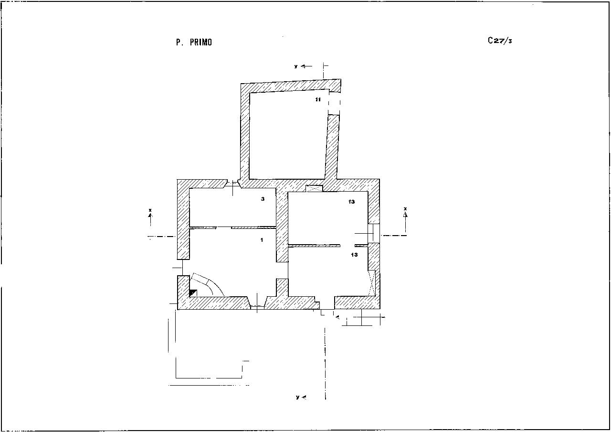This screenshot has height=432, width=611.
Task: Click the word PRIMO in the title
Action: pyautogui.click(x=201, y=43)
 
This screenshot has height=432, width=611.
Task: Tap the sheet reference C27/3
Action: pyautogui.click(x=500, y=41)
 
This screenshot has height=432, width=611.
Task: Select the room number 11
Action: pyautogui.click(x=318, y=100)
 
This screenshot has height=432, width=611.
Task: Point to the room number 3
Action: pyautogui.click(x=263, y=199)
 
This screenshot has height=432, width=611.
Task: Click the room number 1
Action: pyautogui.click(x=262, y=240)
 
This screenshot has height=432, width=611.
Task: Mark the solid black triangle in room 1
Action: pyautogui.click(x=192, y=293)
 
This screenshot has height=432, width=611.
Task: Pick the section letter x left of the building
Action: pyautogui.click(x=150, y=210)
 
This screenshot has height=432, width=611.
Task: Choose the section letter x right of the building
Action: pyautogui.click(x=405, y=209)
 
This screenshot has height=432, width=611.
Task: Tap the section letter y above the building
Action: pyautogui.click(x=295, y=66)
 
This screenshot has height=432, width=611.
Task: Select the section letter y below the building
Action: pyautogui.click(x=297, y=397)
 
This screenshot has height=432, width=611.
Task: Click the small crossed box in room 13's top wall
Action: pyautogui.click(x=314, y=188)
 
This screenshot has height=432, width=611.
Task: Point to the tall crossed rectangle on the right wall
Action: pyautogui.click(x=372, y=283)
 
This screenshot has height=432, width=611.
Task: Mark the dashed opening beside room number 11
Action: pyautogui.click(x=334, y=102)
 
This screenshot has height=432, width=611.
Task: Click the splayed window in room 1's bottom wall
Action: pyautogui.click(x=257, y=302)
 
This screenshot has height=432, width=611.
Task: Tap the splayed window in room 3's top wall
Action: pyautogui.click(x=232, y=184)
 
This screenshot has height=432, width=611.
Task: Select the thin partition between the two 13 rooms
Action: pyautogui.click(x=328, y=246)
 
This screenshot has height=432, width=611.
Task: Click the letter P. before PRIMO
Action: pyautogui.click(x=179, y=43)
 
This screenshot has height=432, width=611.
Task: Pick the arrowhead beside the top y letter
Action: pyautogui.click(x=303, y=66)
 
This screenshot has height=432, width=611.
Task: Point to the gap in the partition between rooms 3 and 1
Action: pyautogui.click(x=224, y=227)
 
